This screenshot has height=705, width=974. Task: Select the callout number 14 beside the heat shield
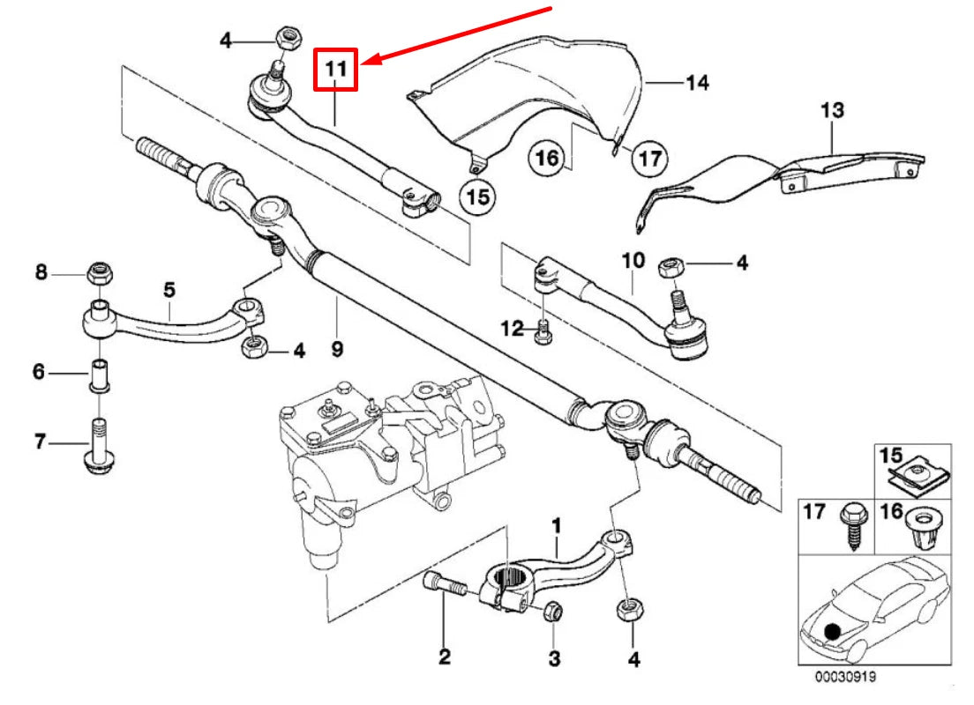point(697,83)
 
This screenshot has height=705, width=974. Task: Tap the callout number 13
point(832,111)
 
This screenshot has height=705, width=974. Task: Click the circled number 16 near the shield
point(546,159)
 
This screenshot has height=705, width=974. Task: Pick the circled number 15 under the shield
point(477,196)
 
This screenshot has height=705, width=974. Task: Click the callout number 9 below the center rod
point(336,349)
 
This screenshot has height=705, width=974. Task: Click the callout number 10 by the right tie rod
point(633,261)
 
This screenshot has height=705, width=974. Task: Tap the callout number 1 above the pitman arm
point(556,525)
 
